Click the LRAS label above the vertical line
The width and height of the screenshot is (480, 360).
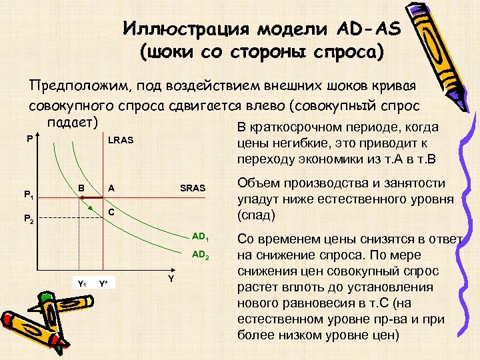(121, 141)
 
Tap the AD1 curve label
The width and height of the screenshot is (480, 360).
(201, 238)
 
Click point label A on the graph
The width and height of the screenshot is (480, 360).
(111, 188)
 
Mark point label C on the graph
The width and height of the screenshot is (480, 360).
(111, 213)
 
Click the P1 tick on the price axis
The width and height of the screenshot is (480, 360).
(29, 195)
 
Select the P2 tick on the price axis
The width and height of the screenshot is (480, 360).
(29, 218)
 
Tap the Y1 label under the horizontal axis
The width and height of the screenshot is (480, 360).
(82, 283)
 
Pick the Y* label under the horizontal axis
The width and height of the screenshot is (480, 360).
(104, 283)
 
